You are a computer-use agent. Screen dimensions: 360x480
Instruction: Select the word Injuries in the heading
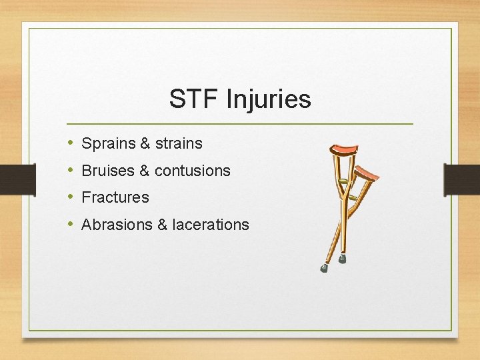(x=269, y=99)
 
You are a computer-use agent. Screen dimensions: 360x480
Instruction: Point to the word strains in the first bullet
(x=179, y=143)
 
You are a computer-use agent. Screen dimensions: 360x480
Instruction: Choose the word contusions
(x=192, y=171)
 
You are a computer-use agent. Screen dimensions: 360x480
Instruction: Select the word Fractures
(x=115, y=197)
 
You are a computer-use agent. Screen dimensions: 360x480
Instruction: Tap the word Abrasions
(x=117, y=225)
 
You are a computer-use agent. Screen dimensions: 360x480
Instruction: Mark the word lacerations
(x=210, y=225)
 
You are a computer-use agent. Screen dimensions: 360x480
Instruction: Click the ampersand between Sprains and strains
(x=145, y=143)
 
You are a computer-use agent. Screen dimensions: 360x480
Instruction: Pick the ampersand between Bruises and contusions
(x=145, y=171)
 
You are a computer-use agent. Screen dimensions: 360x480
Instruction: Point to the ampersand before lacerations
(x=163, y=225)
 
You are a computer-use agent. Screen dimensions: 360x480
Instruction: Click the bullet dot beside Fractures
(x=71, y=197)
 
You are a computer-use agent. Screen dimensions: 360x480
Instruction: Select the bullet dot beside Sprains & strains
(x=71, y=143)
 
